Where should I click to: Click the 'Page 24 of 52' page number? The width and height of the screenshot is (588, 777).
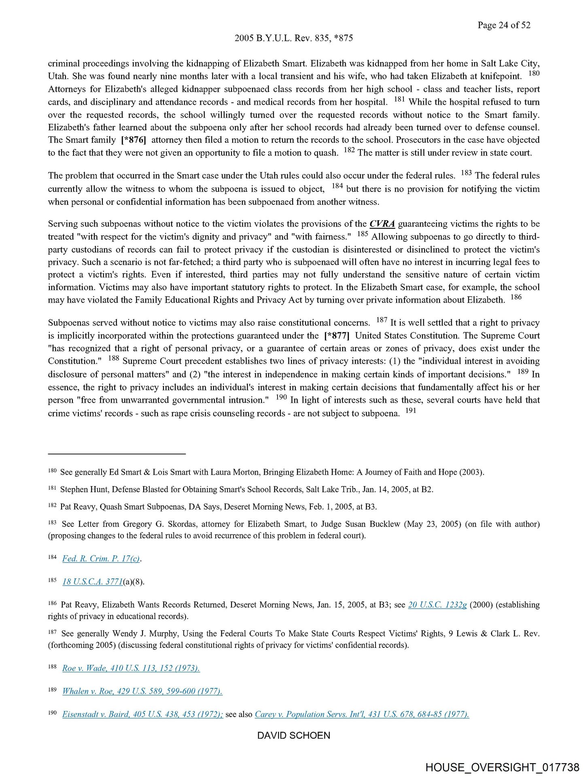[503, 25]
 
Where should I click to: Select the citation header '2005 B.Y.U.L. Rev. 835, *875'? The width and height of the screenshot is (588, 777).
[293, 38]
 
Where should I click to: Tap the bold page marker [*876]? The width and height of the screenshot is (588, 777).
[134, 140]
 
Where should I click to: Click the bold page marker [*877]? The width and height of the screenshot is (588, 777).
[337, 335]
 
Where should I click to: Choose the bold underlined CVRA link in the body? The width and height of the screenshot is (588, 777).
[382, 224]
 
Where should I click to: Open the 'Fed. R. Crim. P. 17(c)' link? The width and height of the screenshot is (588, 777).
[101, 558]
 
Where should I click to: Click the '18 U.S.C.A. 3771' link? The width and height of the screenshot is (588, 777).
[92, 582]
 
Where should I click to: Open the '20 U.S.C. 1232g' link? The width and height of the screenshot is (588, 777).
[437, 605]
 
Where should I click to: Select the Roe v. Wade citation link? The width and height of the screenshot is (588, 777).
[131, 668]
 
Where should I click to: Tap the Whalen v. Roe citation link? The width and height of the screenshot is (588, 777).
[142, 691]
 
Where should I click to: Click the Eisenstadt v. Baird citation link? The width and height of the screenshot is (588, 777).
[142, 714]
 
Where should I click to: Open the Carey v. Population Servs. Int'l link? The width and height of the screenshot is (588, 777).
[362, 714]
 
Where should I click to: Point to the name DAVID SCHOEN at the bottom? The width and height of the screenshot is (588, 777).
[293, 735]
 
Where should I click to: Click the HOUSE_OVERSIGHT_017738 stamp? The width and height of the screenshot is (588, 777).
[502, 767]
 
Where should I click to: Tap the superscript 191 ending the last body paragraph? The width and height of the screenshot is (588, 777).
[410, 410]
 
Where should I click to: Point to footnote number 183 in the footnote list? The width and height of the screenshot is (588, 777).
[52, 522]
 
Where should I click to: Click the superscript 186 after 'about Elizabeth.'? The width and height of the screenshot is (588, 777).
[516, 297]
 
